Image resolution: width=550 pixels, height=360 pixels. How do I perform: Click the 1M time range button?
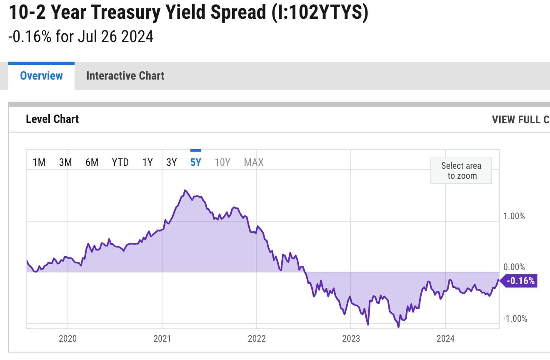[x=39, y=162]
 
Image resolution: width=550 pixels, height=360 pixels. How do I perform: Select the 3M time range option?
[x=65, y=162]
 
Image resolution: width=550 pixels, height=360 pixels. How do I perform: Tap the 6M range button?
[x=92, y=162]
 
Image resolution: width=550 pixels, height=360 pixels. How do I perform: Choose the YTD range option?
[x=120, y=162]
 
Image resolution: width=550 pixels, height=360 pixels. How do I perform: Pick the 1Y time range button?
[x=147, y=162]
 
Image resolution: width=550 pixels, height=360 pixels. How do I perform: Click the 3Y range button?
[x=172, y=162]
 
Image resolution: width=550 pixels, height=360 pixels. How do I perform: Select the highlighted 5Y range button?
[x=196, y=162]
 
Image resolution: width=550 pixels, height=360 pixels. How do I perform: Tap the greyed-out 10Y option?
[x=222, y=162]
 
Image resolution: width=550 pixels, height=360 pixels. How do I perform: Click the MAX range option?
[x=254, y=162]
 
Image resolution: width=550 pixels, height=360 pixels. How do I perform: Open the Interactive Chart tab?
[x=125, y=76]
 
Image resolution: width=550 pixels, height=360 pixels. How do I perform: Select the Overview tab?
[x=41, y=76]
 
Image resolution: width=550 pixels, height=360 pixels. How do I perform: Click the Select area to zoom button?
[x=461, y=171]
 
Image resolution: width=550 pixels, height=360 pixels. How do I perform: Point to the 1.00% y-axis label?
[x=514, y=216]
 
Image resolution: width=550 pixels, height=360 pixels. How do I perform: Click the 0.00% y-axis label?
[x=514, y=267]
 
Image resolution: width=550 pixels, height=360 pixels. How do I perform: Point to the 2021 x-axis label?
[x=162, y=338]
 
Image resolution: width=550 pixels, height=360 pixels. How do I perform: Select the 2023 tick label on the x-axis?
[x=351, y=338]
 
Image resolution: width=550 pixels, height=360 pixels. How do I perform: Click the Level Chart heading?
[x=52, y=119]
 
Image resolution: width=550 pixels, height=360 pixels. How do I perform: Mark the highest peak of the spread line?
[x=185, y=190]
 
